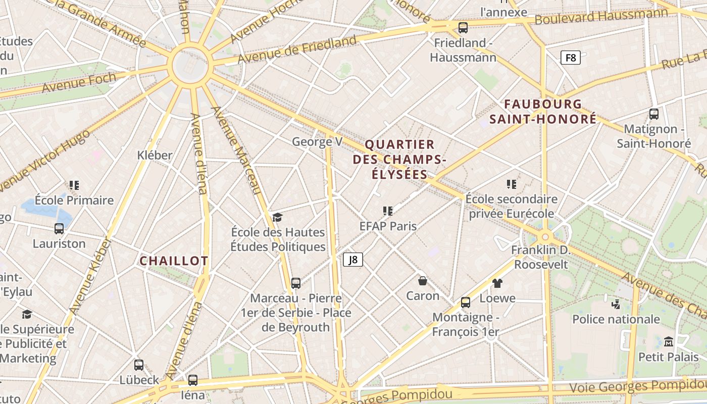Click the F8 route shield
(571, 58)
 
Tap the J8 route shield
(353, 260)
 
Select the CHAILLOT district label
(174, 261)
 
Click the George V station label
(317, 142)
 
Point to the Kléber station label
(155, 155)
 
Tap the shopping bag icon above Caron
(423, 280)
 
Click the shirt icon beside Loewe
(497, 283)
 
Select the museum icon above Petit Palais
(669, 342)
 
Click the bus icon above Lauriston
(59, 229)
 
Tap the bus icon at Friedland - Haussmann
(463, 28)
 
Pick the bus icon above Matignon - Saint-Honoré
(654, 114)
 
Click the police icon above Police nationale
(616, 304)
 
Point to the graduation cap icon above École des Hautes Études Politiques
(277, 217)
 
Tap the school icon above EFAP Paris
(388, 211)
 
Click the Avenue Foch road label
(79, 83)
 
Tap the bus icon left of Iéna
(192, 380)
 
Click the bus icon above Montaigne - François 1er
(466, 302)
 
